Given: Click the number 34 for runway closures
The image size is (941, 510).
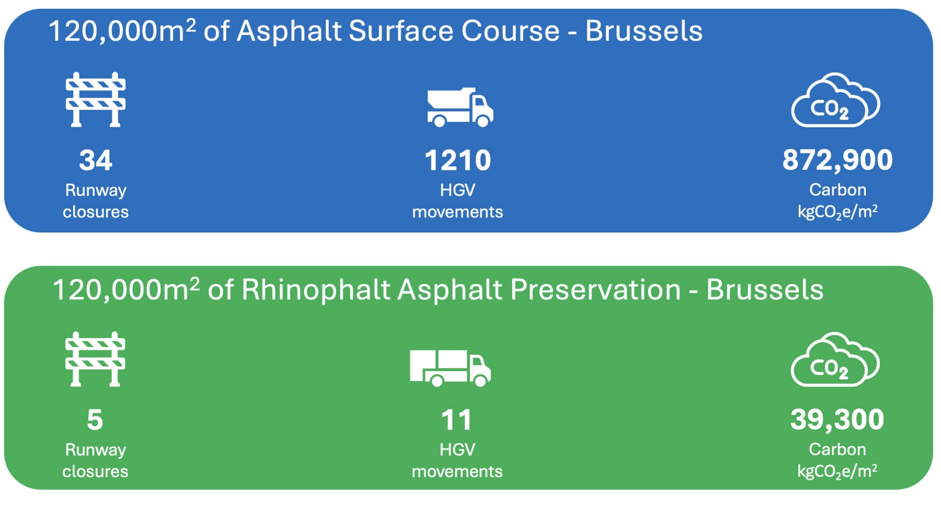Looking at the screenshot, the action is click(x=96, y=160).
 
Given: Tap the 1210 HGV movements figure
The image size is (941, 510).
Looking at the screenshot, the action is click(x=458, y=160).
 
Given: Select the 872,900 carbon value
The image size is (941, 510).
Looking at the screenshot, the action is click(x=837, y=160).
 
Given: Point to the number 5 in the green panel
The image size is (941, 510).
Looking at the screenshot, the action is click(x=95, y=420).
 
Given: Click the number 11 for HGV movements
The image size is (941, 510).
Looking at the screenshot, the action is click(x=457, y=420).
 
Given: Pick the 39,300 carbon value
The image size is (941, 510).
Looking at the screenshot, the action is click(x=837, y=420).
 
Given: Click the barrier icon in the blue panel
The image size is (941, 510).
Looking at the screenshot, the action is click(x=96, y=100).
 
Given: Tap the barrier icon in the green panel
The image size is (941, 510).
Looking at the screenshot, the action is click(x=95, y=360).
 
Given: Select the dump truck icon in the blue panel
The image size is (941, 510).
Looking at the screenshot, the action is click(x=460, y=107).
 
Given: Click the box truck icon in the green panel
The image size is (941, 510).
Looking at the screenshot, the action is click(x=450, y=368).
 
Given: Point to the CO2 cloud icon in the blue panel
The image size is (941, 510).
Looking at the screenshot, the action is click(x=835, y=100).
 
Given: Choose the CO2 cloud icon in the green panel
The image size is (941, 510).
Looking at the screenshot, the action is click(x=835, y=360).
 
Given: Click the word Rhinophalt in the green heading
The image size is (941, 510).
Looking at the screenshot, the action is click(x=315, y=290).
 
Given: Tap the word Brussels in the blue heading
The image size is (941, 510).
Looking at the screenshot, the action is click(x=644, y=31).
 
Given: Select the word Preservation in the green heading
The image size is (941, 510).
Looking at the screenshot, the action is click(x=595, y=290).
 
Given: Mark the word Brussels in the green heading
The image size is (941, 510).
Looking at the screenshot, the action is click(x=765, y=290).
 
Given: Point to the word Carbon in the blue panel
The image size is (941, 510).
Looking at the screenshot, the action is click(x=837, y=190).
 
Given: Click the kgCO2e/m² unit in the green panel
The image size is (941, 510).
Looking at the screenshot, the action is click(x=837, y=471).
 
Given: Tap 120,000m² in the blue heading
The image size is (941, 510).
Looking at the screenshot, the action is click(x=122, y=31).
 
